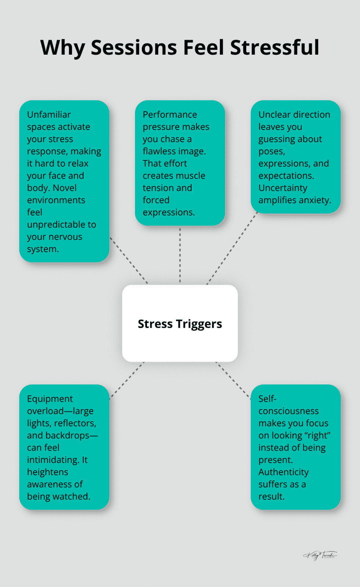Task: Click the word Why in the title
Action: (63, 48)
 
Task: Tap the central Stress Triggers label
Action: (180, 324)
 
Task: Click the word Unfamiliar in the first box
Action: (49, 114)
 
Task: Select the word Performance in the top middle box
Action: (170, 114)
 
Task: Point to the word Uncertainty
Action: (283, 188)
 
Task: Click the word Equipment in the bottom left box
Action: (50, 399)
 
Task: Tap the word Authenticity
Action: (283, 472)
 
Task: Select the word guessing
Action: (276, 139)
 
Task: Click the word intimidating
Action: (53, 460)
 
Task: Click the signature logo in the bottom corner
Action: (320, 555)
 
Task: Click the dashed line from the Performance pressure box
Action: (180, 255)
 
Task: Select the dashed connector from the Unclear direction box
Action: (232, 248)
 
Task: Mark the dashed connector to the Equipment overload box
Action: (127, 380)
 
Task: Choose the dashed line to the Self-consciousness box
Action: (233, 380)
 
